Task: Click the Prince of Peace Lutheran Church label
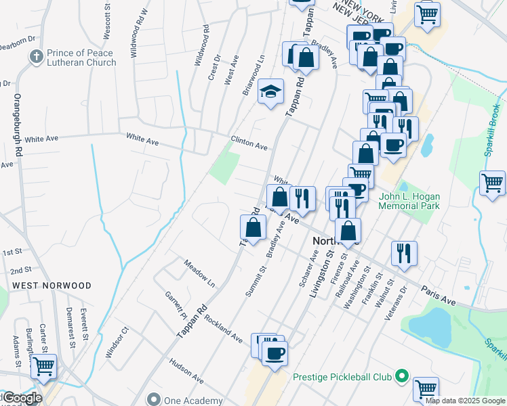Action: [81, 58]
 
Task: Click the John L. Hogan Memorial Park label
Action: [409, 201]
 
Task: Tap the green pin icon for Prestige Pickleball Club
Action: [401, 376]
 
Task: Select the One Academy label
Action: [193, 401]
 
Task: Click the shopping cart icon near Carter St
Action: [44, 367]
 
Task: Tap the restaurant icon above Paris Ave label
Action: [405, 253]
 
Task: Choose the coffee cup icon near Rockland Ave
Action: [275, 354]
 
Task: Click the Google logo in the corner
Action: [22, 398]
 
